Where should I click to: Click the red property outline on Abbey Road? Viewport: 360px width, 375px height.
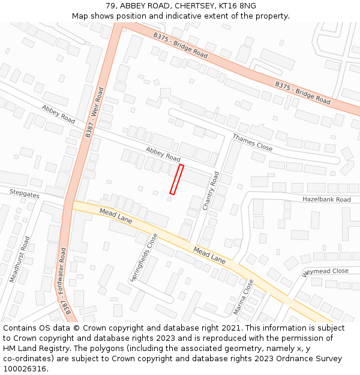pos(176,179)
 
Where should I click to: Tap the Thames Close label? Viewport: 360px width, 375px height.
pos(252,142)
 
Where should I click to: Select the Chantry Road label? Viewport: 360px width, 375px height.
pos(212,191)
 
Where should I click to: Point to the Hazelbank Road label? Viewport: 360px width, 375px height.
pos(326,199)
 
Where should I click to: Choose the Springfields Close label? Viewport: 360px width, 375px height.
pos(144,257)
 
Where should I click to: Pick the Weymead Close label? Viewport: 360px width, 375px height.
pos(325,272)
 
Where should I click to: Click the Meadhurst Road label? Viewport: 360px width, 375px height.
pos(19,259)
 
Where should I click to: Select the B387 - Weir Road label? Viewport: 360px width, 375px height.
pos(94,113)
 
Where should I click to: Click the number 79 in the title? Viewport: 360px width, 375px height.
pos(110,6)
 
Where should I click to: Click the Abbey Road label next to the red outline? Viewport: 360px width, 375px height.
pos(163,154)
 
